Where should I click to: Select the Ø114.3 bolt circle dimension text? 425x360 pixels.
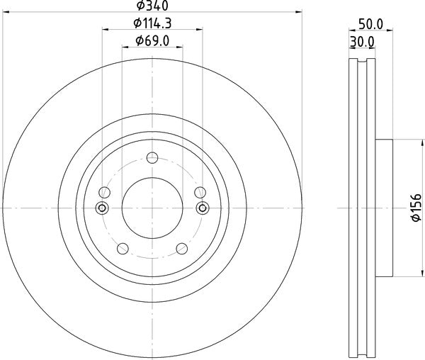coord(152,24)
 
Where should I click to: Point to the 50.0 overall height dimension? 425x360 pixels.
coord(370,24)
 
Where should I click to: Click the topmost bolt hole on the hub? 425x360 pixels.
coord(152,158)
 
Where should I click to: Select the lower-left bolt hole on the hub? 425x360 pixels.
coord(121,248)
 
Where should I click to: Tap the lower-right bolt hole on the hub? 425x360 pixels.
coord(182,248)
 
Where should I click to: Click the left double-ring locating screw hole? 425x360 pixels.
coord(101,208)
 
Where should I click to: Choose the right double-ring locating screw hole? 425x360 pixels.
coord(203,208)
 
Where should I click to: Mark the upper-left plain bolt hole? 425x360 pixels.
coord(105,191)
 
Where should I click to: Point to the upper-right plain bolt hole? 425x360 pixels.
coord(199,191)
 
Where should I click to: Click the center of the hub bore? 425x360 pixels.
coord(152,208)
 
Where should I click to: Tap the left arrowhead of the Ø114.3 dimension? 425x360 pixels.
coord(106,30)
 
